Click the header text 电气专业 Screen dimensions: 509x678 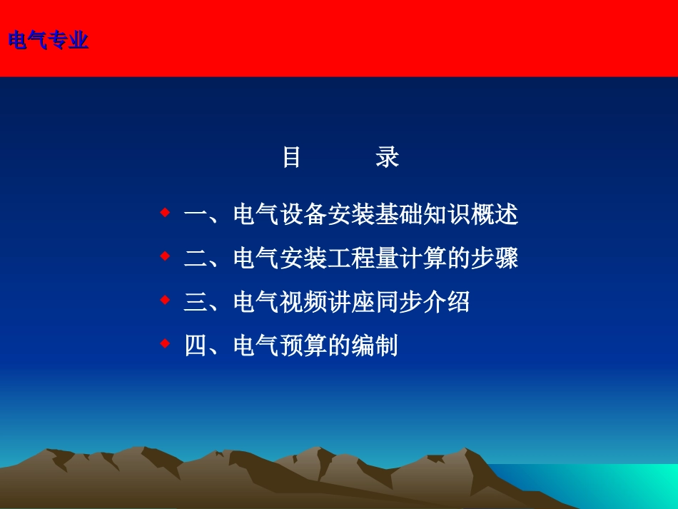point(49,41)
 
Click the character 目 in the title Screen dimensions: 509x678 point(291,157)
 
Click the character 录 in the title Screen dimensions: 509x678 point(387,157)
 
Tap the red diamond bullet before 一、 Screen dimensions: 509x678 point(165,213)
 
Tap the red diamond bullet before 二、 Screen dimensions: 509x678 point(165,256)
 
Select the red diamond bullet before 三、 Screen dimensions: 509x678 point(165,301)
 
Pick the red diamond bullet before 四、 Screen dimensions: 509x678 point(165,344)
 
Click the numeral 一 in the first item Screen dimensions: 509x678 point(195,215)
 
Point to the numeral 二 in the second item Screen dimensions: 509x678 point(195,258)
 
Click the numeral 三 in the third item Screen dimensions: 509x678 point(195,303)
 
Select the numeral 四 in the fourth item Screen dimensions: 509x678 point(195,346)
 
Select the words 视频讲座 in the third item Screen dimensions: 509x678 point(326,303)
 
